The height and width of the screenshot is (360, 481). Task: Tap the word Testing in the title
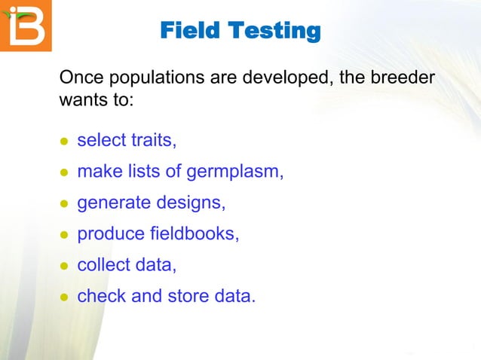[275, 31]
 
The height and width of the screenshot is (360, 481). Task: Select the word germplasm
[234, 172]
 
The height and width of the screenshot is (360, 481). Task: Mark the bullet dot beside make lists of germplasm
[64, 173]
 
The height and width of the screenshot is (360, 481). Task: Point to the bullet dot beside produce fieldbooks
[64, 235]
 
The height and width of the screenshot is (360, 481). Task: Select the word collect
[102, 264]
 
